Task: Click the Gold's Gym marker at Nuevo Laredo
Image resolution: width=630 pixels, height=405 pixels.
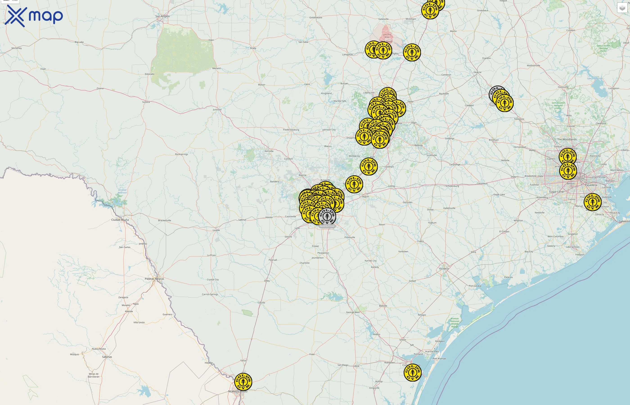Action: click(243, 382)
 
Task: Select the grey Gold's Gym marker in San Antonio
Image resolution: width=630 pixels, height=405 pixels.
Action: click(327, 216)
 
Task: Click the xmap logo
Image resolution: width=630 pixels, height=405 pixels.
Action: click(34, 16)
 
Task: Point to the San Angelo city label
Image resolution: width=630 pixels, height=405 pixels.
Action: click(162, 16)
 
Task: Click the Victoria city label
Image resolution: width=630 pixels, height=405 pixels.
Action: click(444, 268)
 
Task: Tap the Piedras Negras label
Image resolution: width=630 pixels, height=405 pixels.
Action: click(154, 279)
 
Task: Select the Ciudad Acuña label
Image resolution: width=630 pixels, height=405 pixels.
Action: click(120, 220)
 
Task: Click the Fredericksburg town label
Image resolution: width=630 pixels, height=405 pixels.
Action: click(291, 130)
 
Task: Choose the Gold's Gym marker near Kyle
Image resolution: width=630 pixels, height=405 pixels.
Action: click(369, 166)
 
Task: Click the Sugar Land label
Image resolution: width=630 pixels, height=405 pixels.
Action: click(556, 192)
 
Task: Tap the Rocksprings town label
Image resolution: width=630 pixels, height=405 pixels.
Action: click(181, 154)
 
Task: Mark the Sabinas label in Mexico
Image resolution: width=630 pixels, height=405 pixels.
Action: click(107, 357)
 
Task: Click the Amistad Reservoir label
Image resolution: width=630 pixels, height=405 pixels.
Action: click(122, 191)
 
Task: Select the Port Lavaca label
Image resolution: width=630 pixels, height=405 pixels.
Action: click(475, 286)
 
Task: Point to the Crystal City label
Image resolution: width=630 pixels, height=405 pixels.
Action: click(213, 279)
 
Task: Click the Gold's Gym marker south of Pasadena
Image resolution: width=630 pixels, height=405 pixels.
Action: click(592, 202)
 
